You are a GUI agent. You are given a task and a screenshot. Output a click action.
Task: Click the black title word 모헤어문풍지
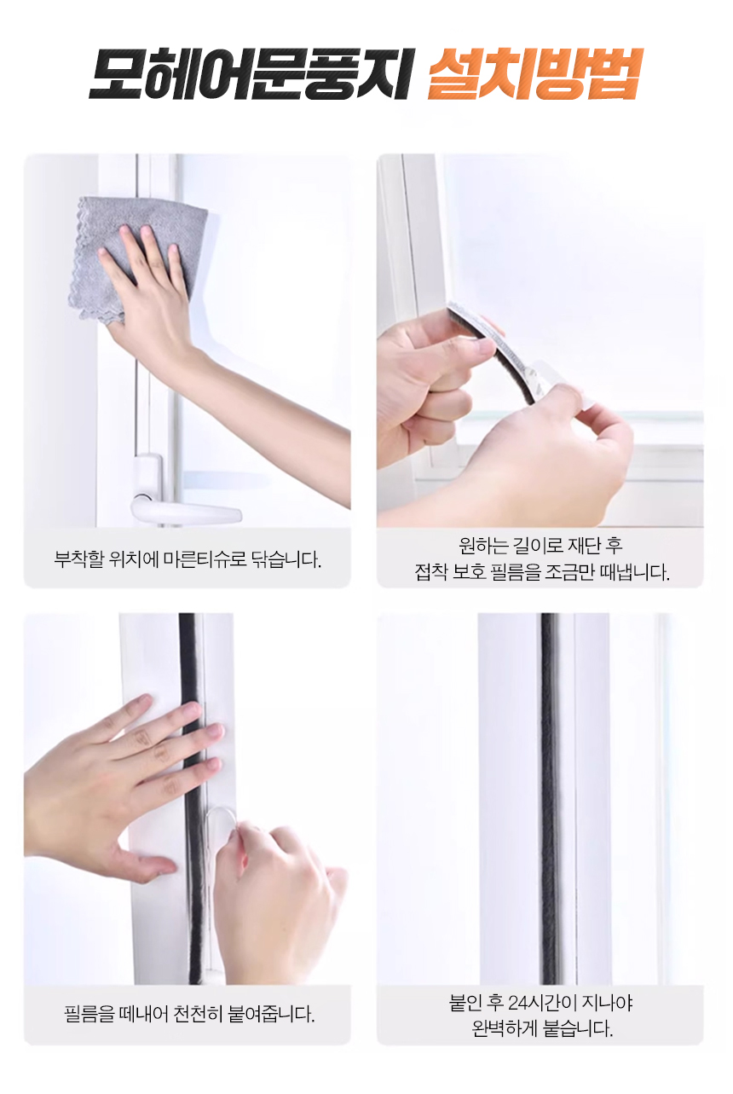point(249,73)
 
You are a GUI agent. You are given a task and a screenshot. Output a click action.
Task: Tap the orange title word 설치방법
point(534,73)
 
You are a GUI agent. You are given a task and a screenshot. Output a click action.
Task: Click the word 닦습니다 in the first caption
point(286,559)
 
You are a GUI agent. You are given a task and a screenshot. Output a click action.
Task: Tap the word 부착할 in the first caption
point(79,559)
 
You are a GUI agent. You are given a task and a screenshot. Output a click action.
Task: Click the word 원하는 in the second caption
point(483,546)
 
